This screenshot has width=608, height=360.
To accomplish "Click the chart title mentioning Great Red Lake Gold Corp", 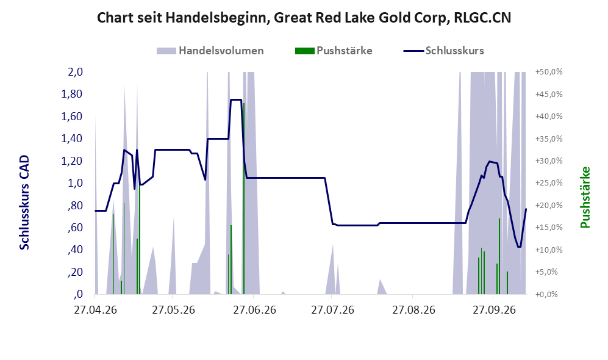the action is [x=304, y=18].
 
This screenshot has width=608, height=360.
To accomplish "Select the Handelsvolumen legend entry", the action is [x=210, y=51].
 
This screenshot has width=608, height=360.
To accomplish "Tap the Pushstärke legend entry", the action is [x=334, y=51].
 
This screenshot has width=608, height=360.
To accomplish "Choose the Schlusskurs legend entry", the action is [x=443, y=51].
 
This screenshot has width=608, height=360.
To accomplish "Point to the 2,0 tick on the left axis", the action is [x=75, y=72].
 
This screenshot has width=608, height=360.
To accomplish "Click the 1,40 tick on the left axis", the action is [x=72, y=139].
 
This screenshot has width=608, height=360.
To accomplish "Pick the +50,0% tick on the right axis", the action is [x=549, y=72].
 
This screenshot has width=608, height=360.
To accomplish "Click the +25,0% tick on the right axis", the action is [x=549, y=182].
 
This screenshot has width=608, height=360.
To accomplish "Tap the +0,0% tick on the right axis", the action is [x=546, y=294].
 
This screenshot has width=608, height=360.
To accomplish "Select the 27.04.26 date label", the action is [x=95, y=310].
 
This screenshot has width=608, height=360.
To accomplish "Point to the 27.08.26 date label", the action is [x=413, y=310].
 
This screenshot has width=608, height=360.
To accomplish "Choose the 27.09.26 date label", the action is [x=495, y=310].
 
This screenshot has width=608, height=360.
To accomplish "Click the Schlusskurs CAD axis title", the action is [x=24, y=203].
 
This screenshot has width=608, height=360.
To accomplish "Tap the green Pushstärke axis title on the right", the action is [x=585, y=197].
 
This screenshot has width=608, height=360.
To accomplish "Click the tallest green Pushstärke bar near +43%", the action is [x=243, y=198].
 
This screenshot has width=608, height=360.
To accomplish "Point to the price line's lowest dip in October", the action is [x=519, y=247].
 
